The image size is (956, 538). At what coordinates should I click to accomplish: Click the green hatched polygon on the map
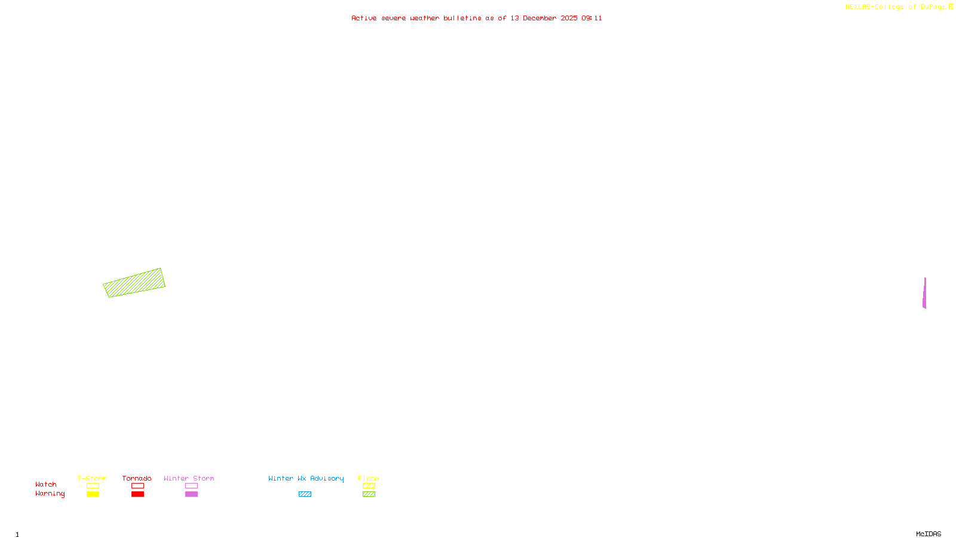[x=134, y=283]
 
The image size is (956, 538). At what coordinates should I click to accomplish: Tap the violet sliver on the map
[x=924, y=294]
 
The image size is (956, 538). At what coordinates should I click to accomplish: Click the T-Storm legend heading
[x=92, y=478]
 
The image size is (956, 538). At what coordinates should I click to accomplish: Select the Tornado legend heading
[x=137, y=478]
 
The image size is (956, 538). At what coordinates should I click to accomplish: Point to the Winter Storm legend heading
[x=189, y=478]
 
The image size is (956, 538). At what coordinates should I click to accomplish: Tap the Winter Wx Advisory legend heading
[x=306, y=478]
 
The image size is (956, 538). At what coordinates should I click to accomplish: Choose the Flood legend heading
[x=369, y=478]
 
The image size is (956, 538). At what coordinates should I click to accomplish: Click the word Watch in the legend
[x=46, y=484]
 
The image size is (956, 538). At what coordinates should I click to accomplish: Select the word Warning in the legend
[x=50, y=494]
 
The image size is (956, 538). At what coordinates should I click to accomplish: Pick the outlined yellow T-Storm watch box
[x=93, y=486]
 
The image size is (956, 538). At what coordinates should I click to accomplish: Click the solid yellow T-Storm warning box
[x=93, y=494]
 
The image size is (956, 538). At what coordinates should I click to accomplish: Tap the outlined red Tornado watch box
[x=137, y=486]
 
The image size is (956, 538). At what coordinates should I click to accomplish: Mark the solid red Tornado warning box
[x=137, y=494]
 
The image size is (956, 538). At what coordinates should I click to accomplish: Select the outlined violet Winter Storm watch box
[x=191, y=486]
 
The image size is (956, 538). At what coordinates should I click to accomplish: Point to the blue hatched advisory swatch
[x=305, y=494]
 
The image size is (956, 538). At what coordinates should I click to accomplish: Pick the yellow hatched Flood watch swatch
[x=369, y=486]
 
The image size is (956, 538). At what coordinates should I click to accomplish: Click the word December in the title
[x=540, y=18]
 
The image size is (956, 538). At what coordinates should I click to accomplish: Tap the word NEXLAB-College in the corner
[x=875, y=7]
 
